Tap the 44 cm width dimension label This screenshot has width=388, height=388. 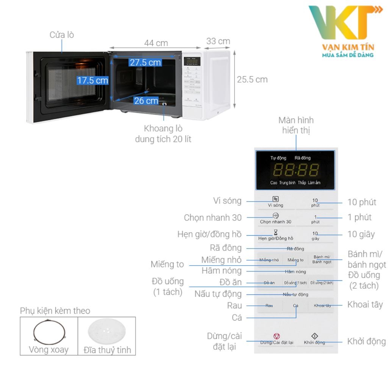156,43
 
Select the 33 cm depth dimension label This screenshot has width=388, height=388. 218,41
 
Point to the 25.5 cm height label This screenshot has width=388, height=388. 252,80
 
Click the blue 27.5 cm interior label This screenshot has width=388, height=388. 145,63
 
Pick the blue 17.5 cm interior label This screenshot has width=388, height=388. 92,80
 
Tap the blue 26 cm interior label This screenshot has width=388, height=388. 146,100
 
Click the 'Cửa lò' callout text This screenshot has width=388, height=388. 62,35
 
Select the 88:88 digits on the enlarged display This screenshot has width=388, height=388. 296,170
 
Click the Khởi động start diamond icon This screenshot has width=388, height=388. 314,336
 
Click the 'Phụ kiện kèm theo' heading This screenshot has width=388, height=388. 55,311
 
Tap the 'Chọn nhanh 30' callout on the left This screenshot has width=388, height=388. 213,217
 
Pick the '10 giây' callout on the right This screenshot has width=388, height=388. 361,234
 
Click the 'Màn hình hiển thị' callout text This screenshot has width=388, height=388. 296,126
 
